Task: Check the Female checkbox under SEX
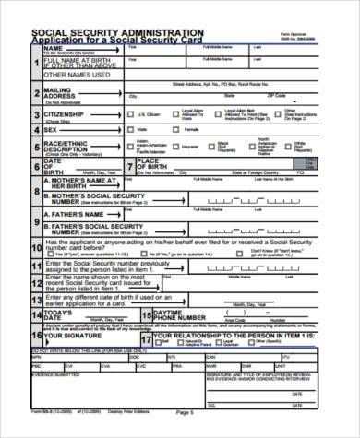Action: [185, 130]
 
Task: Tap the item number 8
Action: [35, 191]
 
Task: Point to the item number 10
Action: [36, 244]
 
